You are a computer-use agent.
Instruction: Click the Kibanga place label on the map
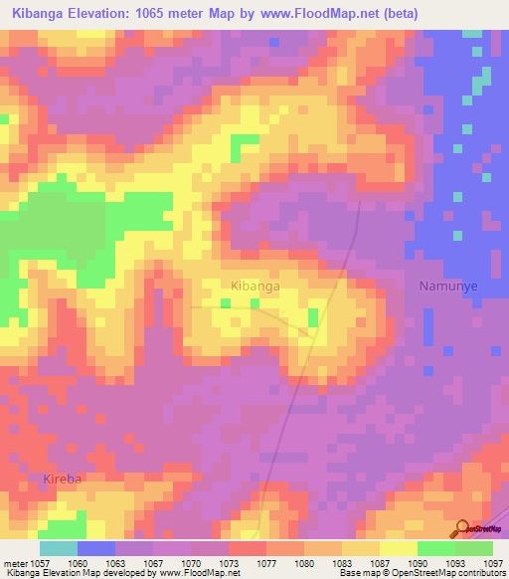[254, 286]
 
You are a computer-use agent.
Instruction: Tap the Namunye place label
[448, 286]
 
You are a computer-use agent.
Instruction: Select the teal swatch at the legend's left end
[59, 548]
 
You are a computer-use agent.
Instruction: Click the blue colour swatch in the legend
[96, 548]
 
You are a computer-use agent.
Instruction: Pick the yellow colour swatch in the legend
[399, 548]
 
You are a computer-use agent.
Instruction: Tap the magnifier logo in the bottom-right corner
[461, 527]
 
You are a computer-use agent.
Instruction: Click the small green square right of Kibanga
[313, 317]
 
